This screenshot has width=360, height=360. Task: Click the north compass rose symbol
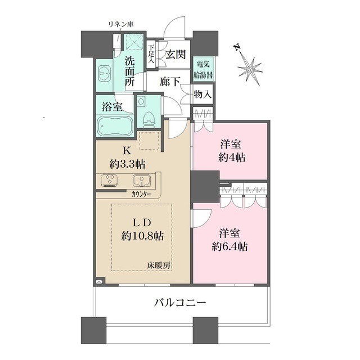tap(250, 69)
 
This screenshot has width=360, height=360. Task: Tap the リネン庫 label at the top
tap(121, 24)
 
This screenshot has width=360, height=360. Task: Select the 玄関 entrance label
tap(175, 55)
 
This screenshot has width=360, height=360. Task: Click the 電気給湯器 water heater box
tap(203, 69)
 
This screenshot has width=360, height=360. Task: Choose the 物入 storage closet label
tap(202, 94)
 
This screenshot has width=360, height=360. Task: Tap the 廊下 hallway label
tap(170, 81)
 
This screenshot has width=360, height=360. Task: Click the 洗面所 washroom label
tap(130, 71)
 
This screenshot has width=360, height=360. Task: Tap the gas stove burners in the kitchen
tap(109, 180)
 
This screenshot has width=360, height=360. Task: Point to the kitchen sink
tap(142, 180)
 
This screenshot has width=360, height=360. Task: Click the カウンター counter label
tap(141, 195)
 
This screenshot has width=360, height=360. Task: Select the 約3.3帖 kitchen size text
tap(127, 164)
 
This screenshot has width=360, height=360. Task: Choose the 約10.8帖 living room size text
tap(142, 236)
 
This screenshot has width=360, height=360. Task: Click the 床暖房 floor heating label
tap(159, 265)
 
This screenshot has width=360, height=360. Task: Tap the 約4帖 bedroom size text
tap(231, 157)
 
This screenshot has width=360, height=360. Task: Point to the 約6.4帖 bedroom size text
tap(229, 247)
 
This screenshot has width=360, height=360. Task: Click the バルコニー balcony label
tap(180, 303)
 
